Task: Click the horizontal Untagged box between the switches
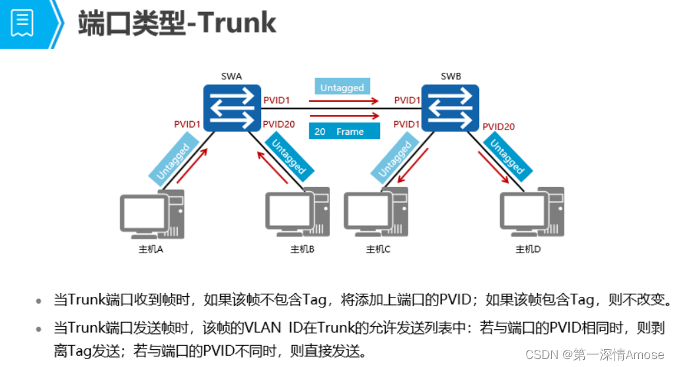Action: (342, 87)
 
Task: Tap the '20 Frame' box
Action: (344, 132)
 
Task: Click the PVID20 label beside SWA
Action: (278, 124)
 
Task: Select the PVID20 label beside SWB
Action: (498, 126)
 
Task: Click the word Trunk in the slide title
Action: (237, 23)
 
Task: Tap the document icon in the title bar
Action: (22, 23)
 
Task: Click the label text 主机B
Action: (303, 250)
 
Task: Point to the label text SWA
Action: (231, 77)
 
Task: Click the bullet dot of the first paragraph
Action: (39, 301)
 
